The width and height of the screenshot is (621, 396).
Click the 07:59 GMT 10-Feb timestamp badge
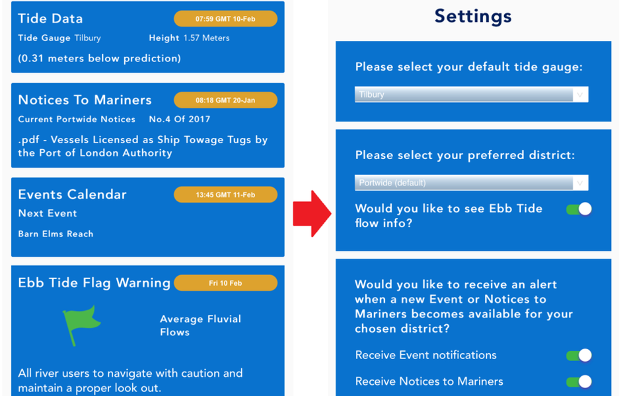point(225,19)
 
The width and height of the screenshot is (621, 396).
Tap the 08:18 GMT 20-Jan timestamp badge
point(225,100)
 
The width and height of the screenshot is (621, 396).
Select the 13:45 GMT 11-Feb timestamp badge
point(225,195)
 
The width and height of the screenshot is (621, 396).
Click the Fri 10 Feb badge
point(225,283)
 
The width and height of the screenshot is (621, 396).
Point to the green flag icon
point(81,323)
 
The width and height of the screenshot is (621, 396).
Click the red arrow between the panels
point(312,214)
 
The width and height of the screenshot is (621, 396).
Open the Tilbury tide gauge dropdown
point(471,94)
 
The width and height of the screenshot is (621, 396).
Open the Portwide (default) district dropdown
point(471,183)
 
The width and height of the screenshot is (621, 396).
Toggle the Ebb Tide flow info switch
point(579,209)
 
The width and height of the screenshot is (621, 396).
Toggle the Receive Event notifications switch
point(579,355)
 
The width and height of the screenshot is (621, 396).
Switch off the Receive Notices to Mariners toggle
point(579,381)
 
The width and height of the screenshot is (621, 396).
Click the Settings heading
point(473,16)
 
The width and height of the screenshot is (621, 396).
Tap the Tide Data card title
point(50,18)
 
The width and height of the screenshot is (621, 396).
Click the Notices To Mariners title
point(85,100)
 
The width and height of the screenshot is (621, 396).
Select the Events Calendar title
point(72,194)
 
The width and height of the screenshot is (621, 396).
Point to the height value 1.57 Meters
point(206,38)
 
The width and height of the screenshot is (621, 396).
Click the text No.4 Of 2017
point(180,119)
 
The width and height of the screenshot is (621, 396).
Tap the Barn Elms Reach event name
point(56,234)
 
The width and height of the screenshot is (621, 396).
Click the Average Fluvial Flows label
point(200,325)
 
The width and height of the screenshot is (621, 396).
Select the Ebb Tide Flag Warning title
point(94,283)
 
